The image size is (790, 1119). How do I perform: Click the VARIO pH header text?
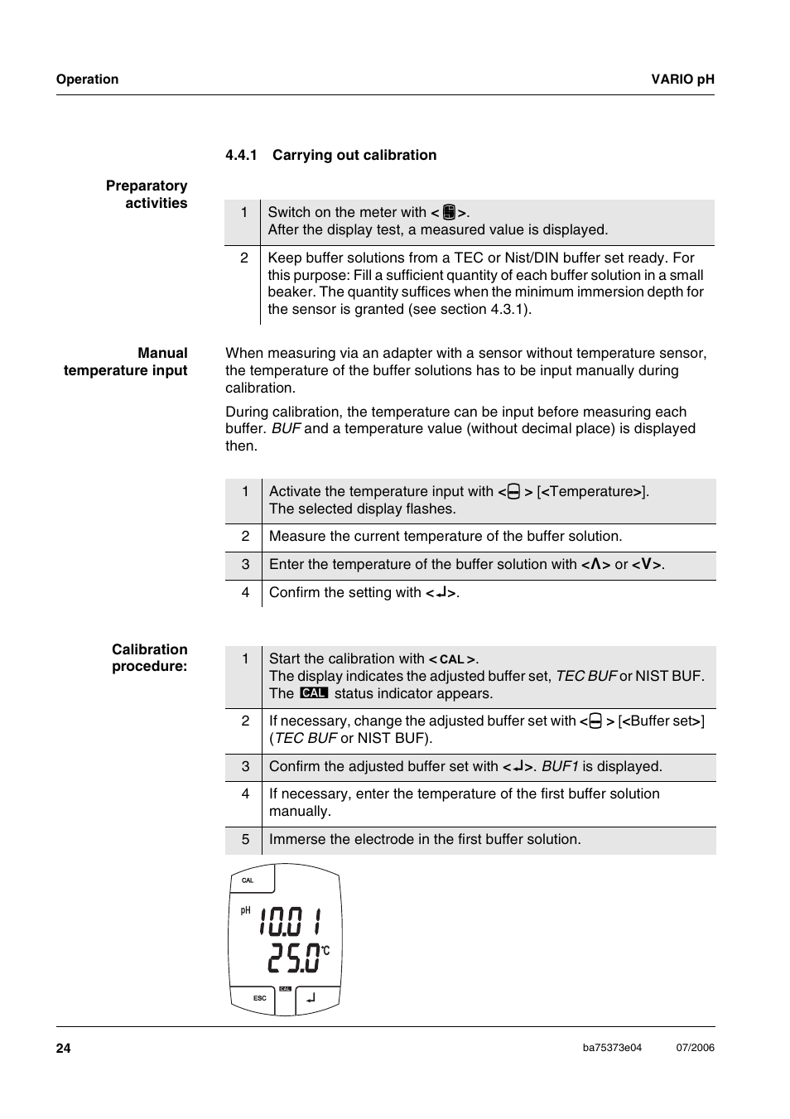point(682,80)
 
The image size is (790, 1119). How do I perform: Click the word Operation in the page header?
point(87,80)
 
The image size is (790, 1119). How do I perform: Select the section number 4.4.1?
point(241,155)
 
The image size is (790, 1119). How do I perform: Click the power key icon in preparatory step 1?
point(449,212)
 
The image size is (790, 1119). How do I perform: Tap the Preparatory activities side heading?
point(147,195)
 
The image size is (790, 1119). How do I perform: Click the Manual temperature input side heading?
point(126,362)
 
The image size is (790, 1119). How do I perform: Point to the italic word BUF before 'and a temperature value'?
point(286,429)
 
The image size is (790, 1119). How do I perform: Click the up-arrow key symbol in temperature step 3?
point(595,565)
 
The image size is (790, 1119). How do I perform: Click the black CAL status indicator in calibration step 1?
point(314,692)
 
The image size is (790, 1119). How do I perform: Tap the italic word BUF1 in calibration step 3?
point(560,767)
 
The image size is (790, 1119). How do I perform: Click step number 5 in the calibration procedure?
point(245,840)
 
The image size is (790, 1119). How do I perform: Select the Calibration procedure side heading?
point(150,658)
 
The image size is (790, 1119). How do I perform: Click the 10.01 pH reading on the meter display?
point(289,921)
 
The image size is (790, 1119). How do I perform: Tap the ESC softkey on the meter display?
point(260,998)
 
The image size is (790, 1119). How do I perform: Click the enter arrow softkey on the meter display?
point(311,998)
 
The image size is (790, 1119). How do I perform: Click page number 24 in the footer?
point(64,1049)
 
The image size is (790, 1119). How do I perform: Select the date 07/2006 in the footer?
point(695,1048)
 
